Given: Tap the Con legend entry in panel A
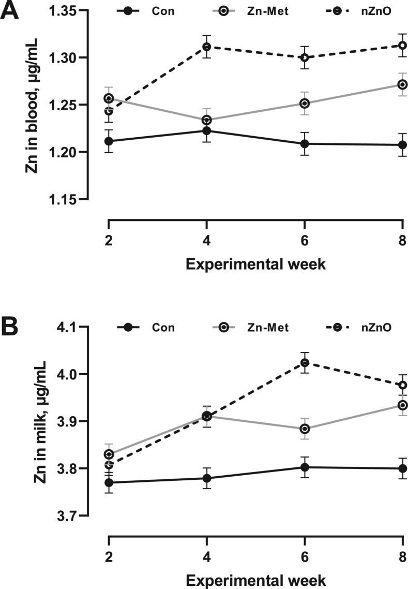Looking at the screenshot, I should point(150,10).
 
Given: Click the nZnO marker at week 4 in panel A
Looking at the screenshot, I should point(207,47).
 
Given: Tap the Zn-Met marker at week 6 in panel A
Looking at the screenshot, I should point(305,103).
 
